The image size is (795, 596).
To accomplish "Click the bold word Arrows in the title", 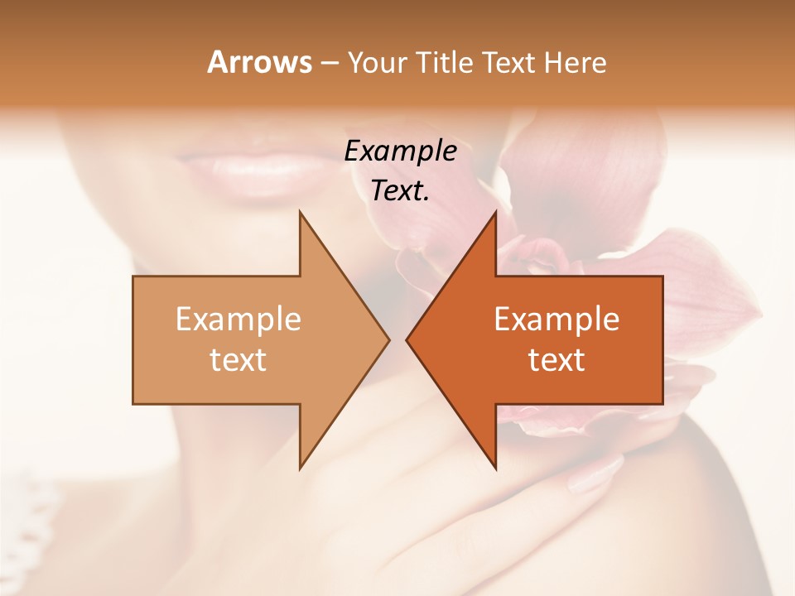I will (x=259, y=62).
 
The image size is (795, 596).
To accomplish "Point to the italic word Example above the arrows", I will (x=400, y=151).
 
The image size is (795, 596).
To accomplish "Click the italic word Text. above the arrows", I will (x=400, y=191).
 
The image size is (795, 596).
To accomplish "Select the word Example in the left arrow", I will (x=238, y=320).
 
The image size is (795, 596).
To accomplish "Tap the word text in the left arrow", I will (x=238, y=360).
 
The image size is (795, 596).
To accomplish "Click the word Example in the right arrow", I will (x=556, y=320).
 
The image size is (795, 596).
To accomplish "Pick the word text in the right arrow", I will (x=556, y=360).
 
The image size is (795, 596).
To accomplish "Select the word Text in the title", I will (x=508, y=63).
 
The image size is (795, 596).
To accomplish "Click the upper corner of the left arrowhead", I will (x=301, y=213).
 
